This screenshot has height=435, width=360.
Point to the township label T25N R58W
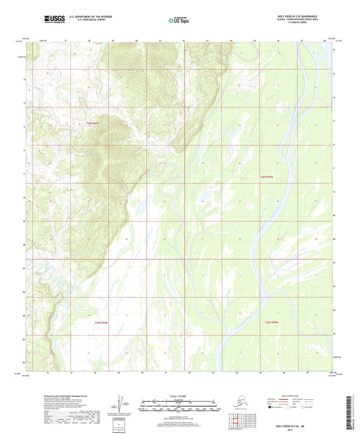pyautogui.click(x=272, y=322)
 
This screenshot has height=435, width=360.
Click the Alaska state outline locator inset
pyautogui.click(x=237, y=403)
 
